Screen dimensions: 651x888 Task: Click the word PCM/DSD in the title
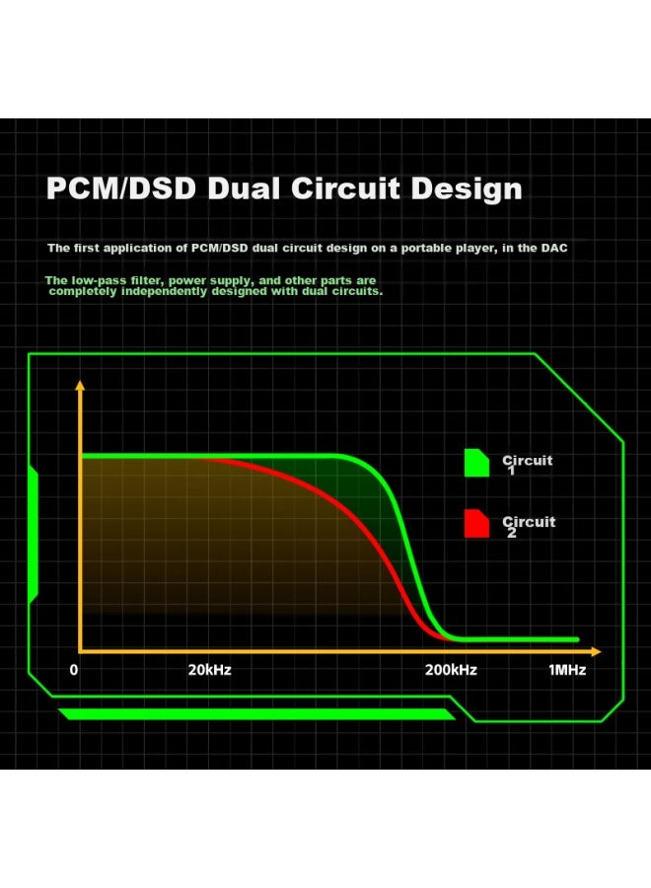[121, 188]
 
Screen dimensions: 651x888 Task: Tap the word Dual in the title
[244, 188]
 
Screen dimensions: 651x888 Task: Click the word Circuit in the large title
[346, 188]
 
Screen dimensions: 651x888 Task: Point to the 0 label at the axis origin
[74, 670]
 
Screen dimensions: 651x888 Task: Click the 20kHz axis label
[209, 670]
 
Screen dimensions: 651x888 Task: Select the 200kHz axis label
[451, 670]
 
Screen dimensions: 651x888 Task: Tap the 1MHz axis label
[567, 670]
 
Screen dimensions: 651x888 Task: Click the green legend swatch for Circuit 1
[476, 463]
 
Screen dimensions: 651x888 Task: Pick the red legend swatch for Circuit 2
[476, 523]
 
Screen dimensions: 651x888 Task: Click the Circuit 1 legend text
[527, 464]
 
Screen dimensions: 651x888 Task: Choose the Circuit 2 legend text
[529, 526]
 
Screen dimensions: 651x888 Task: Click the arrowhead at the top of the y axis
[80, 385]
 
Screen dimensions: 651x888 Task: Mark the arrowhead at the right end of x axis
[596, 652]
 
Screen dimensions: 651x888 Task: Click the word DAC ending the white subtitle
[554, 248]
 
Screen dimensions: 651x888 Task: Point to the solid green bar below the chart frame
[256, 713]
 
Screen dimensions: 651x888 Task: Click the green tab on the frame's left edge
[33, 535]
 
